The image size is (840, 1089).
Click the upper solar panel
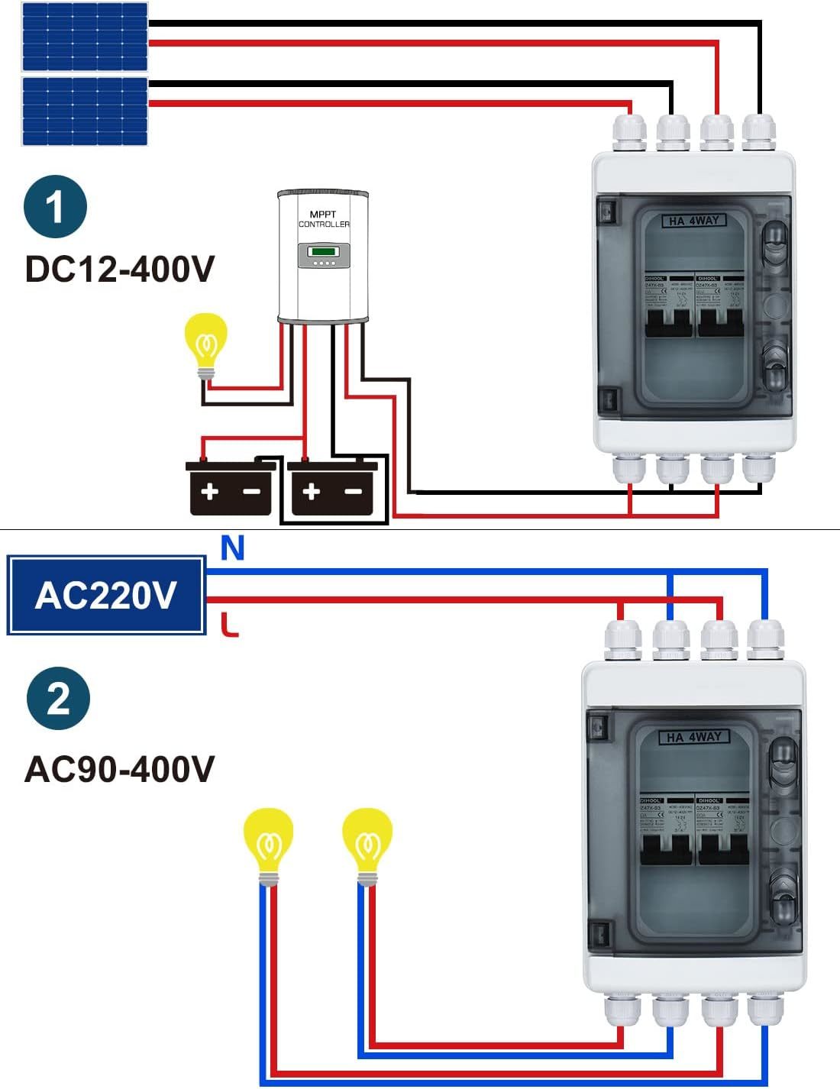coord(85,37)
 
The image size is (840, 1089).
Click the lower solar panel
coord(85,111)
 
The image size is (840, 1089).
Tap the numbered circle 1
coord(56,206)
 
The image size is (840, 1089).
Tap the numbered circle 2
coord(58,698)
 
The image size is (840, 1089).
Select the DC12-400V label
coord(120,269)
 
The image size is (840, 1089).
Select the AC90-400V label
coord(120,769)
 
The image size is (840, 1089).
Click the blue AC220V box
coord(106,596)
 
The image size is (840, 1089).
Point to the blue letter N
coord(232,548)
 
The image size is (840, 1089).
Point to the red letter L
coord(230,625)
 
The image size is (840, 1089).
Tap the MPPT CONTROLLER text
coord(324,219)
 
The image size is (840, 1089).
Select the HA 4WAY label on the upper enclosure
coord(693,221)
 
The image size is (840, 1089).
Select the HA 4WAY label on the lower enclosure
coord(694,737)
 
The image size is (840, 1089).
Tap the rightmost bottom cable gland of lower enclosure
coord(764,1010)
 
